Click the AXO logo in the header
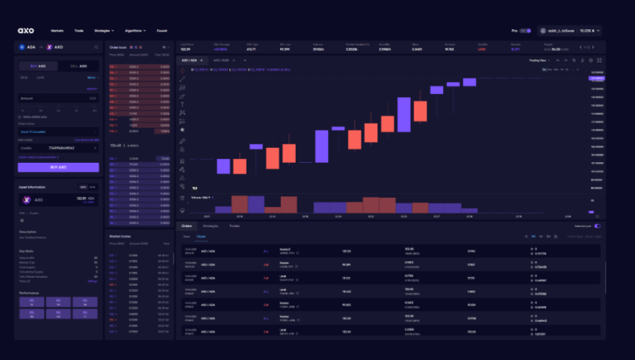point(26,31)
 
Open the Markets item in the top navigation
point(57,31)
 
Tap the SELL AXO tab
point(78,66)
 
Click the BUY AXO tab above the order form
point(39,66)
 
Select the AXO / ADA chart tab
point(188,60)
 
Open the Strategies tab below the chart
point(211,226)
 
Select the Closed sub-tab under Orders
point(201,236)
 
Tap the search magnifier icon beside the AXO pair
point(96,47)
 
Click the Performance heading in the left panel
point(30,293)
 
